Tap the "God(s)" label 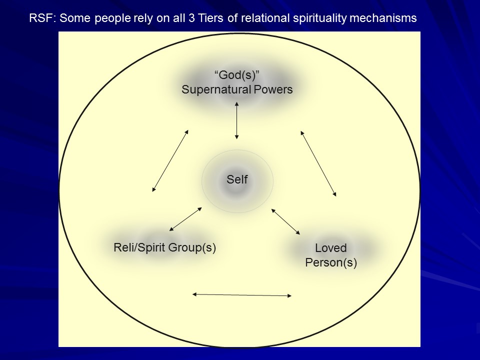tap(237, 75)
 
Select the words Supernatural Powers tap(237, 90)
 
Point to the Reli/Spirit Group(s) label tap(165, 247)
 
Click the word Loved tap(331, 248)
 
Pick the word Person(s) tap(331, 262)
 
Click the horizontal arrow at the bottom tap(242, 295)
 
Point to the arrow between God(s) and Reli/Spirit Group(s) tap(170, 160)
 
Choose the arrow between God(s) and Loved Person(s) tap(318, 163)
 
